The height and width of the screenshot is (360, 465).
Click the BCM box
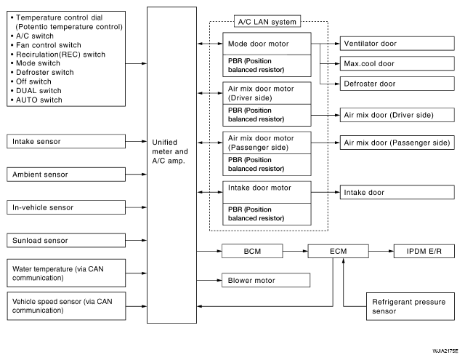252,251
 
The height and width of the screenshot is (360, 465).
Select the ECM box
338,251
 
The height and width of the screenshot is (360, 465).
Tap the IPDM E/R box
424,251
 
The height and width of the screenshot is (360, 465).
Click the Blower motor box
266,280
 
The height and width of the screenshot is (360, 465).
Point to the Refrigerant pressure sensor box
411,306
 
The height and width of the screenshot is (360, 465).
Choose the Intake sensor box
66,141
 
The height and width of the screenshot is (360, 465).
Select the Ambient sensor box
66,175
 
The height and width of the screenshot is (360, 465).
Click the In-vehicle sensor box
66,207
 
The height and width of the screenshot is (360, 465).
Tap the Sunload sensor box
66,240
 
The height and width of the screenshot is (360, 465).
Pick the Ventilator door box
397,44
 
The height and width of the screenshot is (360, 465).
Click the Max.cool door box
397,63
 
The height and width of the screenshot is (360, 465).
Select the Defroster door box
397,84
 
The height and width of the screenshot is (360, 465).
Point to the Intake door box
397,192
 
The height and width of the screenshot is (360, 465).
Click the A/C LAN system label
267,22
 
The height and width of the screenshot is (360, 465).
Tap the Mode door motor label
259,44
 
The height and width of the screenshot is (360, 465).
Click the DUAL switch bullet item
36,90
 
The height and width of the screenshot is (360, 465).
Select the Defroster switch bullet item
42,72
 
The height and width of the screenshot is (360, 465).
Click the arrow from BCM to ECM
296,251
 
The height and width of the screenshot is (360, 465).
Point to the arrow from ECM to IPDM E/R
381,251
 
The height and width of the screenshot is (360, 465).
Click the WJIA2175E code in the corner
445,351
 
